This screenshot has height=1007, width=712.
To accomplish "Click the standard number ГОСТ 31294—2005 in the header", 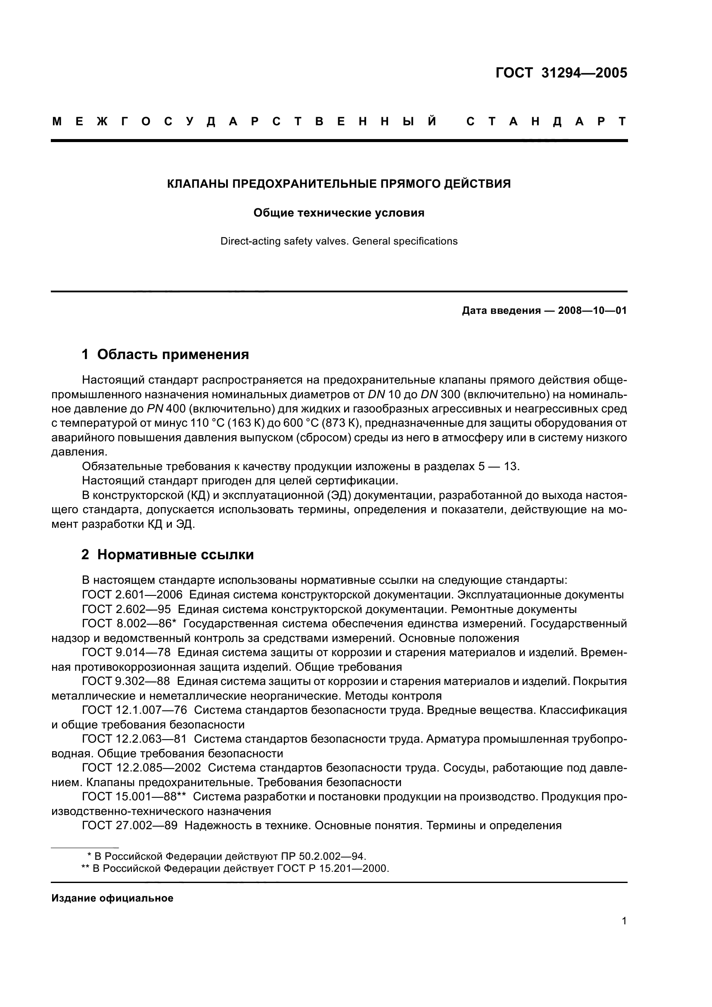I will pyautogui.click(x=561, y=73).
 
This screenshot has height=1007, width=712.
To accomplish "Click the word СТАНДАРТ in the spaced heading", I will pyautogui.click(x=546, y=121).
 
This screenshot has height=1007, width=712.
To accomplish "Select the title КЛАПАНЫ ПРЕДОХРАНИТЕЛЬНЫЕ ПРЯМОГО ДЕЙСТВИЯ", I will pyautogui.click(x=339, y=184).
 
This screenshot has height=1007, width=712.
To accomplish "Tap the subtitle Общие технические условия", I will pyautogui.click(x=339, y=213).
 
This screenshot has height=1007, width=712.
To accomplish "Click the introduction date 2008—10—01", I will pyautogui.click(x=592, y=311).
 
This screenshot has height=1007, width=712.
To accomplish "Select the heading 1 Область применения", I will pyautogui.click(x=165, y=354).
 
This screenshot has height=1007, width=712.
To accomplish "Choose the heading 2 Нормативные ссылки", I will pyautogui.click(x=168, y=555).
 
